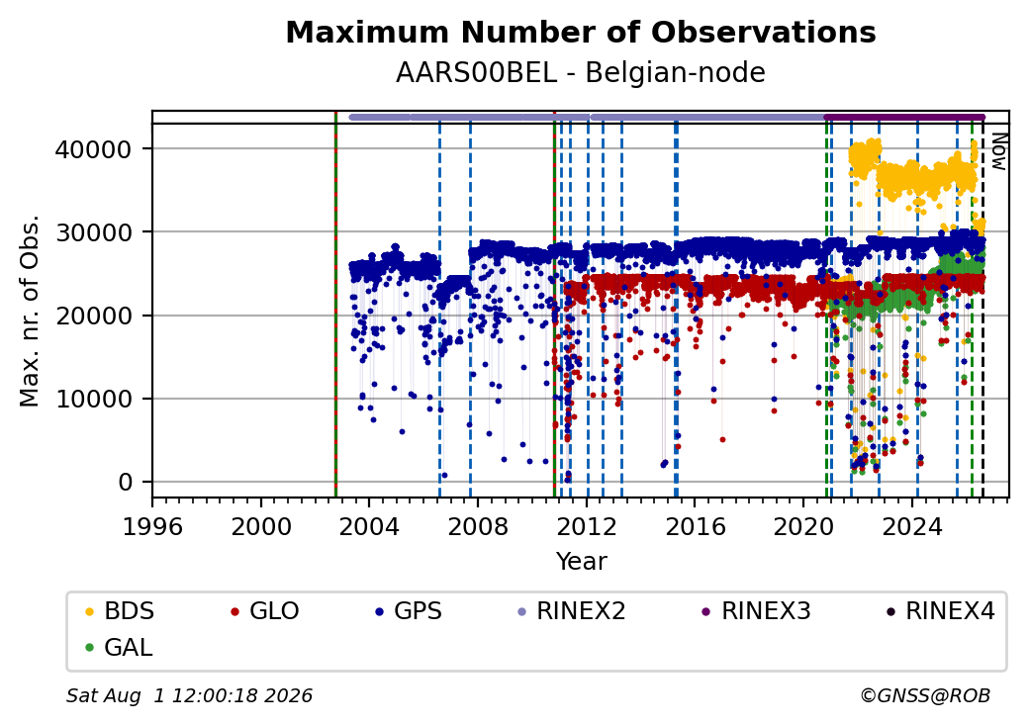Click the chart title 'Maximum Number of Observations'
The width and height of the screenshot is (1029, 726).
click(581, 32)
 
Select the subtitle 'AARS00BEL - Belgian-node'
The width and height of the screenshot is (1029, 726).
click(581, 73)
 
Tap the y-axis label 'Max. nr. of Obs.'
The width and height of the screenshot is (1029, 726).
click(30, 311)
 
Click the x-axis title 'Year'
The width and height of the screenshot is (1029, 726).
click(582, 562)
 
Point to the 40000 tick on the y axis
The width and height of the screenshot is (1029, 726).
click(94, 149)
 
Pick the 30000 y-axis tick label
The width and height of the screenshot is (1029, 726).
click(94, 232)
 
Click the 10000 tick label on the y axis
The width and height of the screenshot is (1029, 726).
click(94, 399)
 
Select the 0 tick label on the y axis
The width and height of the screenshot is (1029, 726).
click(126, 482)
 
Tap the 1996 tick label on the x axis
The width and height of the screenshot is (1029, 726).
click(152, 526)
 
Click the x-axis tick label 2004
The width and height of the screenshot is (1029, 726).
click(369, 526)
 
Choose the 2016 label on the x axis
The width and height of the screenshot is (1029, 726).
click(695, 526)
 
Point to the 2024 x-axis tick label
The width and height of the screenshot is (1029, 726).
click(912, 526)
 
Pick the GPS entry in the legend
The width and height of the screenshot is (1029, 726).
click(409, 611)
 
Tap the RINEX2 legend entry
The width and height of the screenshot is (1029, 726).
click(571, 611)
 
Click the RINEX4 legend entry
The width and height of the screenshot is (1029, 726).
click(940, 611)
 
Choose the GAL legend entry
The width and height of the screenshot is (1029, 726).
click(119, 647)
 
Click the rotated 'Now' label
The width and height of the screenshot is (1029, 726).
click(998, 151)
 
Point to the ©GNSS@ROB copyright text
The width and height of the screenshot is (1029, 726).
click(925, 695)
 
